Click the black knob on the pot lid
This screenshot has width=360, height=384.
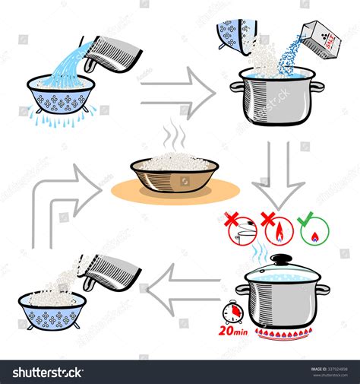pyautogui.click(x=281, y=260)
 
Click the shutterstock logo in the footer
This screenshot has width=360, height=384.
pyautogui.click(x=46, y=372)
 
